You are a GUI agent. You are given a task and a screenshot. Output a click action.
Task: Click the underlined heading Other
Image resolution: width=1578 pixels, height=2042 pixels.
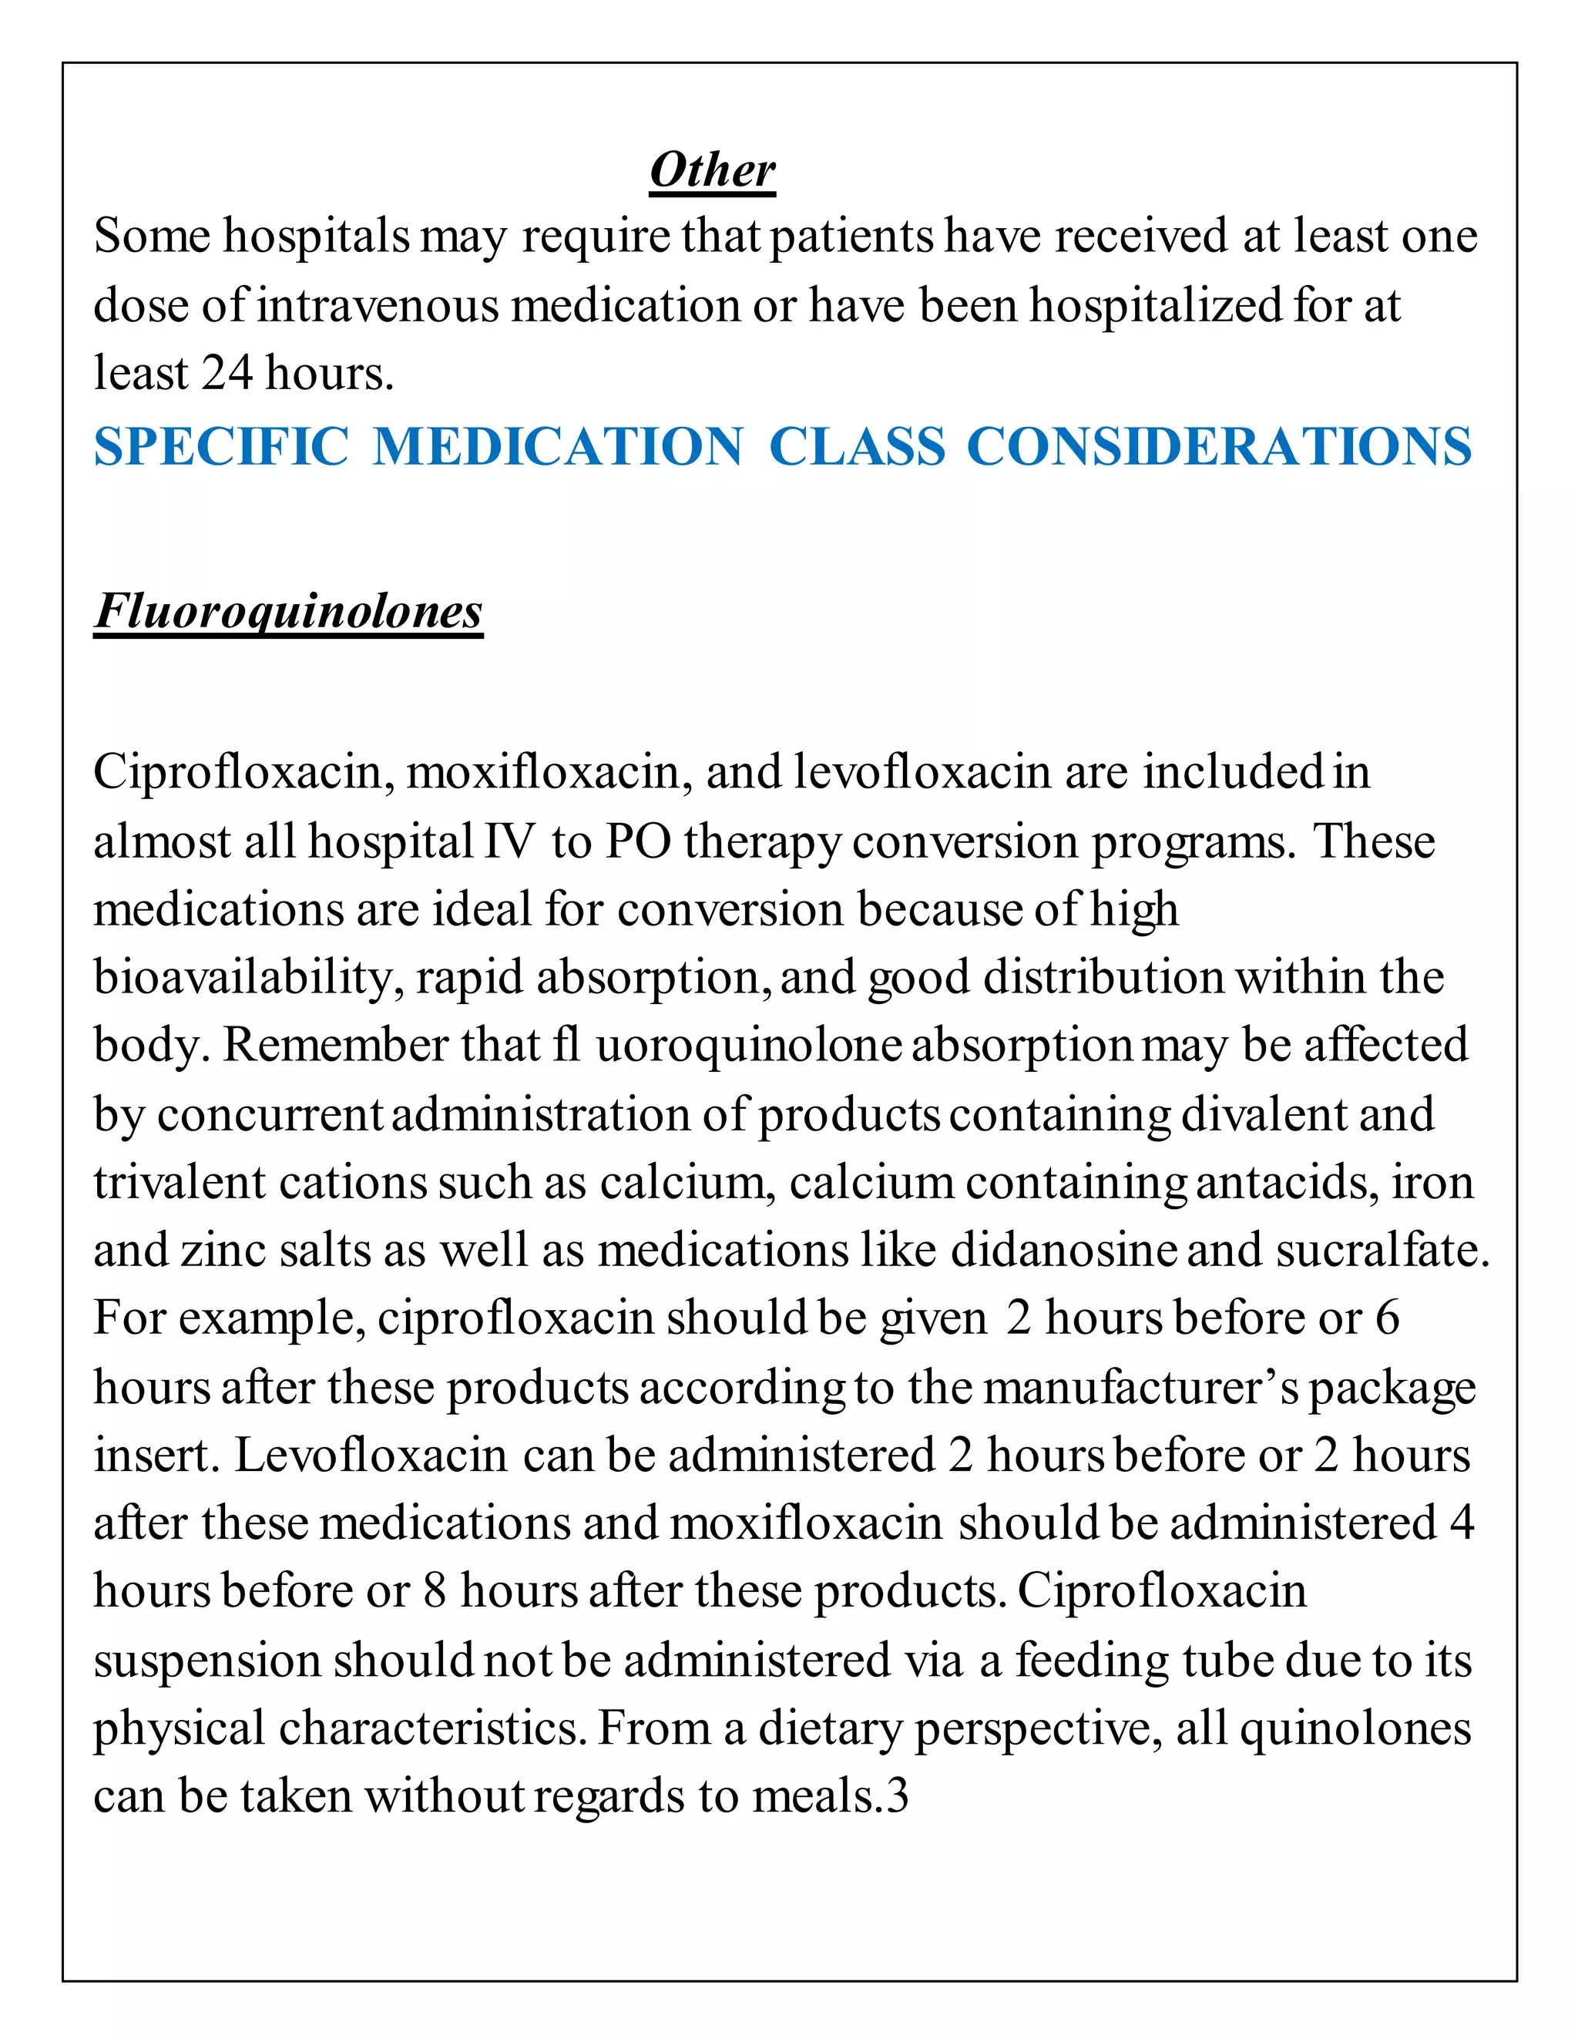(x=713, y=171)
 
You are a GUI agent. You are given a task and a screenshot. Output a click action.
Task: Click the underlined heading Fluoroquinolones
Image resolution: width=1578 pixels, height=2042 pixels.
(x=288, y=613)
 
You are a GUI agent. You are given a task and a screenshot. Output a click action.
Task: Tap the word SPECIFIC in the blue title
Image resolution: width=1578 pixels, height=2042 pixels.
(x=222, y=446)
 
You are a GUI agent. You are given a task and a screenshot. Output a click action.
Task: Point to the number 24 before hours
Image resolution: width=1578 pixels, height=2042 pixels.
(x=227, y=373)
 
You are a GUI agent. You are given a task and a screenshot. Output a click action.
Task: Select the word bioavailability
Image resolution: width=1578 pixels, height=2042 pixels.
(x=249, y=978)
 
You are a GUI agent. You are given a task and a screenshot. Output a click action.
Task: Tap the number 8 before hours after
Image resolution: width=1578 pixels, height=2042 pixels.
(x=435, y=1592)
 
